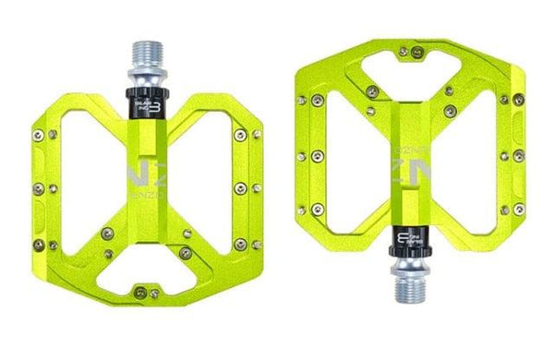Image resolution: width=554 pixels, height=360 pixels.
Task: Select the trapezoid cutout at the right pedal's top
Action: click(406, 63)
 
